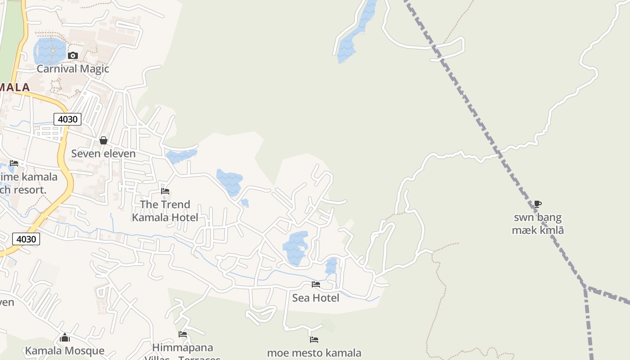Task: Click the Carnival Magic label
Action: (73, 69)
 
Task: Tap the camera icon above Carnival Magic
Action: (73, 56)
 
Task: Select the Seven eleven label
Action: (103, 153)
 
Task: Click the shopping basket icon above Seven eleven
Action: (103, 140)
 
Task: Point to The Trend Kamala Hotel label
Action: (165, 211)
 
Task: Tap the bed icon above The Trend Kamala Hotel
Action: (165, 191)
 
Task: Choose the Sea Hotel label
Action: (315, 297)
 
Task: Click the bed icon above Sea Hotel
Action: (316, 284)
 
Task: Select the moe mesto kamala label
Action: (314, 353)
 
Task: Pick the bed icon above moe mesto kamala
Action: (314, 340)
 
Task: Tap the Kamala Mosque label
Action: (65, 351)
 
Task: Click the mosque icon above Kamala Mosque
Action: (65, 337)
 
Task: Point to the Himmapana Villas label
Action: (183, 348)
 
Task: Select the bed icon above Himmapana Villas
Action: (183, 334)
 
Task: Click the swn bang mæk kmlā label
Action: (538, 224)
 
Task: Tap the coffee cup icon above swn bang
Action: (538, 204)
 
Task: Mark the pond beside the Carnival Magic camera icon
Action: (49, 50)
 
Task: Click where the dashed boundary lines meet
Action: (586, 287)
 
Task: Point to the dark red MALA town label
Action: (14, 87)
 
